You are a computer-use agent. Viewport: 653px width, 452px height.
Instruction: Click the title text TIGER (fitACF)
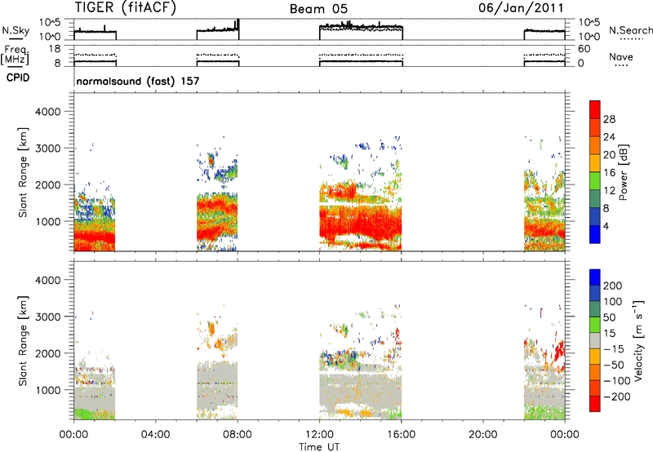point(126,8)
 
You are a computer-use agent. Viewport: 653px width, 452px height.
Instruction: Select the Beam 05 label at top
point(318,9)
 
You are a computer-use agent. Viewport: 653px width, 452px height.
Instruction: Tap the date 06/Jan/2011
point(521,8)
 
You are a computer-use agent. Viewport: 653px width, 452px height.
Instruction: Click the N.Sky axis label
point(16,31)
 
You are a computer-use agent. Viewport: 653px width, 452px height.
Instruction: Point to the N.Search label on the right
point(630,30)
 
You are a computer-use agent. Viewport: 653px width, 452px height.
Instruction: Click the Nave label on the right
point(621,56)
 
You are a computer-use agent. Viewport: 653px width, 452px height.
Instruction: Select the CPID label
point(18,78)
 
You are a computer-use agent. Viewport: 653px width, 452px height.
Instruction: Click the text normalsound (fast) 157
point(138,81)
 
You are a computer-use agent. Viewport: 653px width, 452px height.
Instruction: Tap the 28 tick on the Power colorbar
point(609,119)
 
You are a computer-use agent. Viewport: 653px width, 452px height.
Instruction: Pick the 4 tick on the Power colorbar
point(606,226)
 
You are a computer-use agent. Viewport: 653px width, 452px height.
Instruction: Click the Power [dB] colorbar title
point(623,172)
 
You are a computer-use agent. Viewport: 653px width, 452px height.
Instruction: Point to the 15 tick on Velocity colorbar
point(609,333)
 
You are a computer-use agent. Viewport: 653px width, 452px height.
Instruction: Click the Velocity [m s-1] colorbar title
point(638,340)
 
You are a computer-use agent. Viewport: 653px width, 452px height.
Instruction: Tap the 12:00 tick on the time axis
point(319,435)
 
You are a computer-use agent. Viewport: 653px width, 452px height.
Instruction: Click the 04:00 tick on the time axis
point(155,435)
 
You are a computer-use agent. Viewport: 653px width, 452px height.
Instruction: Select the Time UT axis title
point(319,447)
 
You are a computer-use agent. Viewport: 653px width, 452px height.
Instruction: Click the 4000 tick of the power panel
point(48,112)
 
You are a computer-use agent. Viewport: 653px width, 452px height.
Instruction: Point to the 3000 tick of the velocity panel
point(48,317)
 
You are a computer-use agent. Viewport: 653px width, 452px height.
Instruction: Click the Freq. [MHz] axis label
point(16,55)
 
